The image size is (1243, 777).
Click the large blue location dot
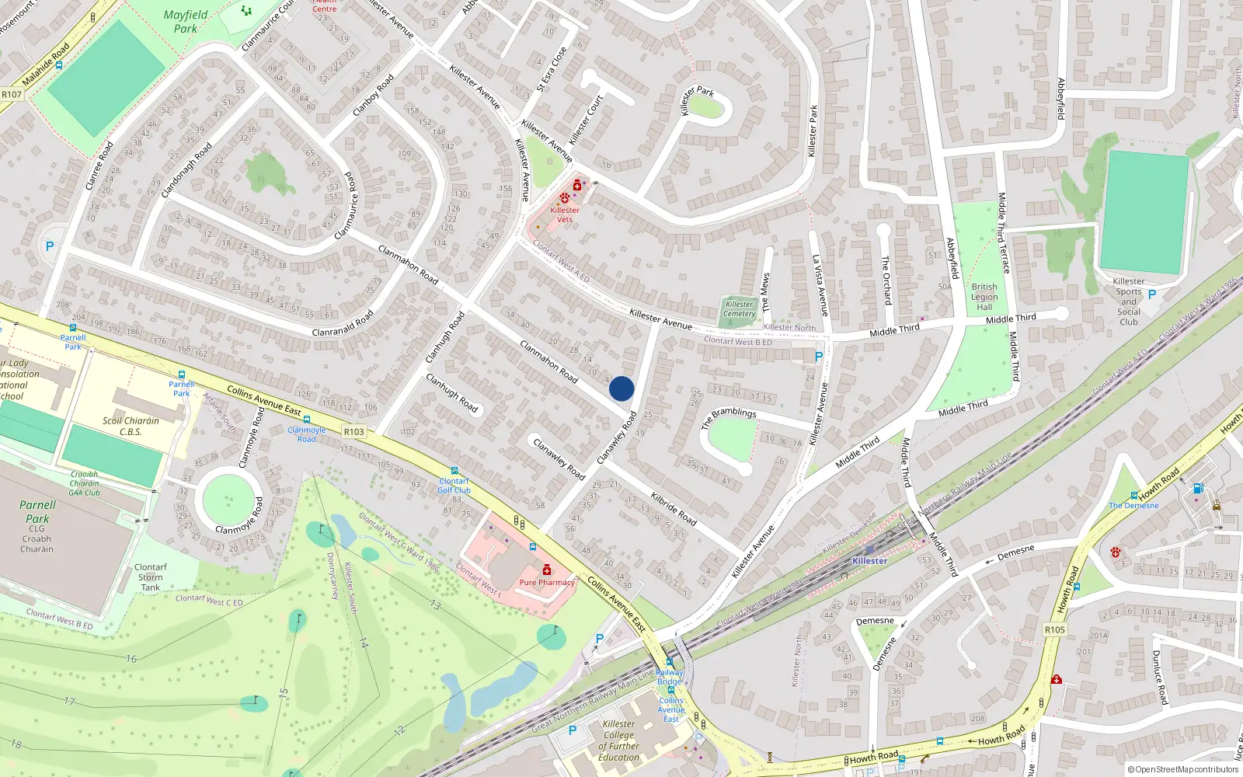tap(621, 388)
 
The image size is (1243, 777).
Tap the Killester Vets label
tap(565, 214)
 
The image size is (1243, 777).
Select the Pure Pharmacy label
tap(547, 582)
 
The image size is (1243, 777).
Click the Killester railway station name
tap(869, 560)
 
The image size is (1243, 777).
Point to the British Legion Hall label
tap(984, 297)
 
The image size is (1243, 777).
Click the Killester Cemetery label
tap(740, 308)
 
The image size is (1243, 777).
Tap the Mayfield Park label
tap(186, 21)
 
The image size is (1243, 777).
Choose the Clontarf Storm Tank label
tap(151, 577)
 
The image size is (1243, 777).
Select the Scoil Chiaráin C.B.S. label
tap(131, 426)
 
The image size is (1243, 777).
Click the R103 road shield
tap(353, 431)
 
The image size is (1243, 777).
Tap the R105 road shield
tap(1055, 629)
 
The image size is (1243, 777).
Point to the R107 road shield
tap(12, 95)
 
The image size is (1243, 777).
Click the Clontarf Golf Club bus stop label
tap(454, 486)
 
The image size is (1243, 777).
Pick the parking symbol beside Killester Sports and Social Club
tap(1152, 294)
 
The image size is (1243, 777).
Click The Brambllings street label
tap(729, 418)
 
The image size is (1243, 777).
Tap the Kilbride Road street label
tap(674, 507)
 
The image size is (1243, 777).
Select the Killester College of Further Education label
tap(619, 740)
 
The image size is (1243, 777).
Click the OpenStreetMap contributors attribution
tap(1183, 769)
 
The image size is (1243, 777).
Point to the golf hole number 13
tap(435, 605)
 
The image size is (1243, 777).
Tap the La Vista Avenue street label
tap(821, 285)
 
